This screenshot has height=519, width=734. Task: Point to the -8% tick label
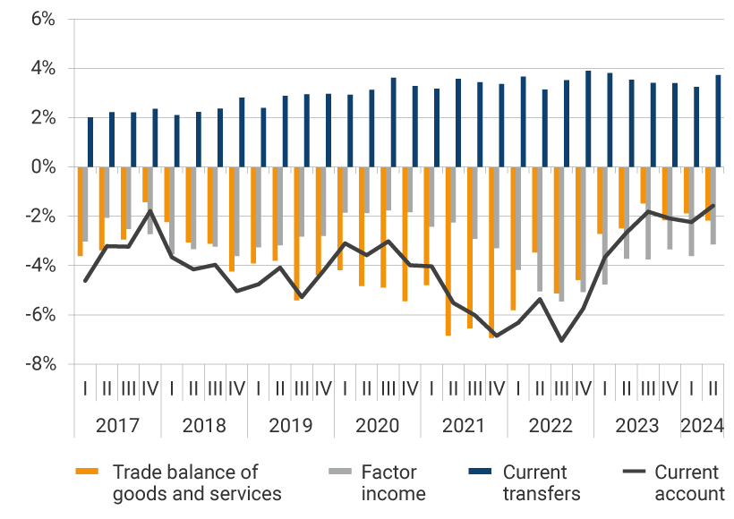tap(38, 364)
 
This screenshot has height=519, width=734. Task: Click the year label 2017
tap(117, 425)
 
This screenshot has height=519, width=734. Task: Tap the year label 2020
tap(377, 425)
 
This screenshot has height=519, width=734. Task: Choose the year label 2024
tap(703, 425)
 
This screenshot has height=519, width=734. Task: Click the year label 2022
tap(550, 425)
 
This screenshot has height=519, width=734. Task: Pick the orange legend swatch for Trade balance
tap(87, 472)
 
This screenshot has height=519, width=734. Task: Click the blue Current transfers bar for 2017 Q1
tap(90, 142)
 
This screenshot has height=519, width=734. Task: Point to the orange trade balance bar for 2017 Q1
tap(80, 211)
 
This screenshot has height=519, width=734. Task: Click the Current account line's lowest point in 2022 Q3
tap(561, 341)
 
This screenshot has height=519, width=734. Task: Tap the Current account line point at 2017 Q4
tap(150, 211)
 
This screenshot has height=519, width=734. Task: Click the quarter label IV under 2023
tap(670, 390)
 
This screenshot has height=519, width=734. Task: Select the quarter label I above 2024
tap(691, 390)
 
